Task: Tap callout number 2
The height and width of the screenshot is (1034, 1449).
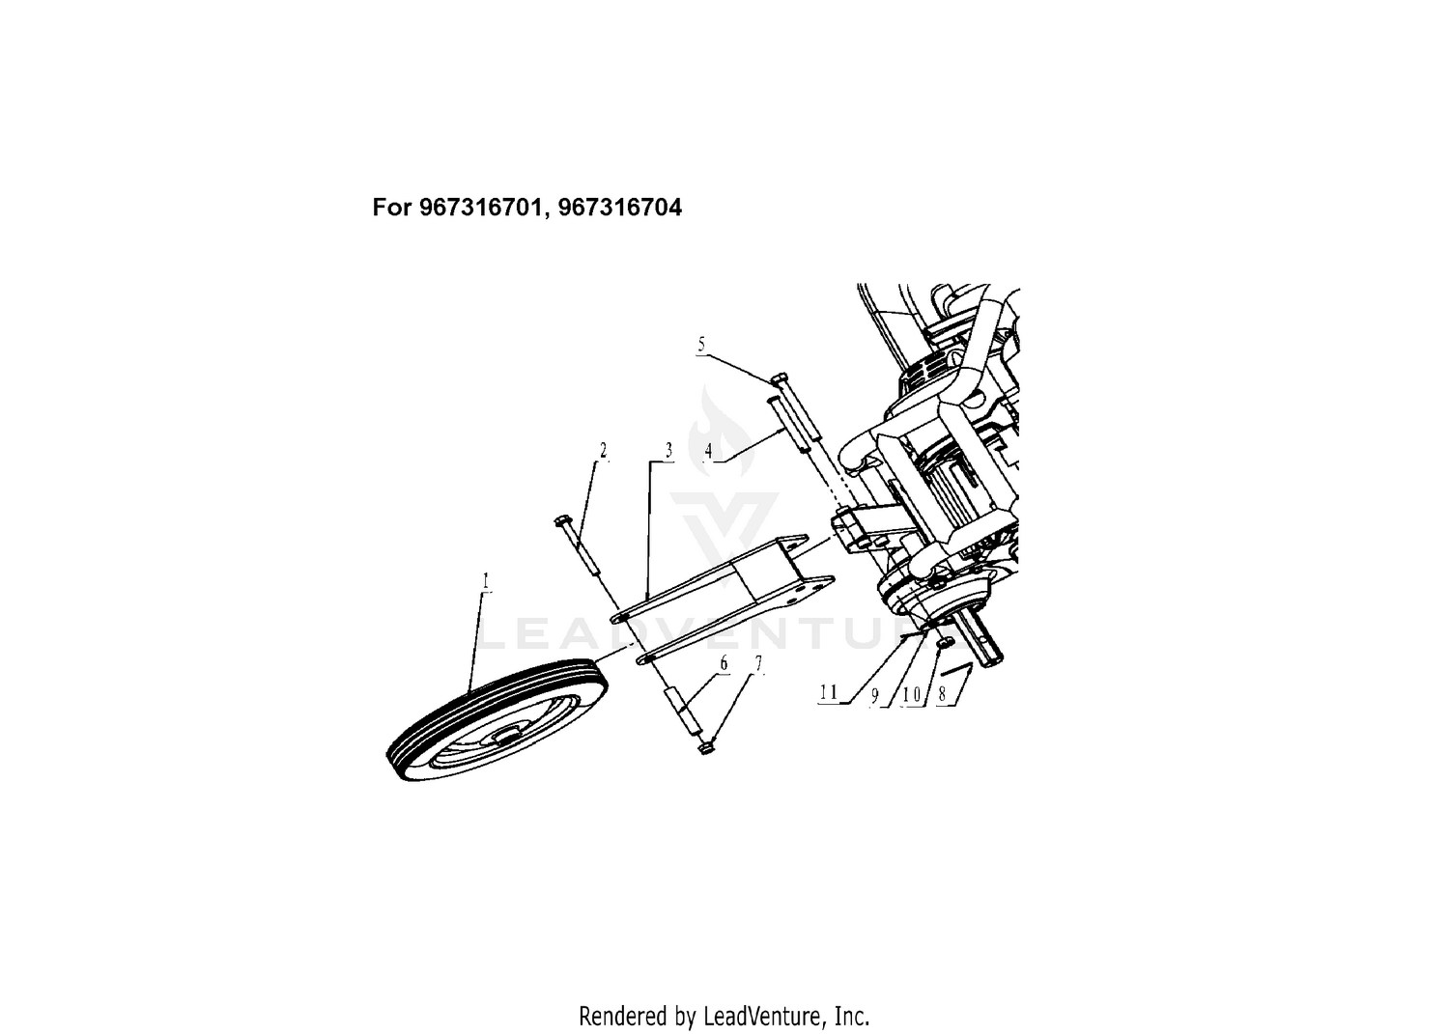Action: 604,450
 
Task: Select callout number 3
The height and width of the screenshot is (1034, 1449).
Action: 668,450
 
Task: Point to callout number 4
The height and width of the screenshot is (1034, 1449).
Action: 708,451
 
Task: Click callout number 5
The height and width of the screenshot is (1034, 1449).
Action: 702,344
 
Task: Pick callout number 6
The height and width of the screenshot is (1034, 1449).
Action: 724,663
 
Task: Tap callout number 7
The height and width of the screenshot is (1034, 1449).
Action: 758,663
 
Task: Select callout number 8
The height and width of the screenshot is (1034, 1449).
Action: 943,694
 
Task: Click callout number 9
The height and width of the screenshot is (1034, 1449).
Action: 875,696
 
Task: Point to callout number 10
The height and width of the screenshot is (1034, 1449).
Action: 912,694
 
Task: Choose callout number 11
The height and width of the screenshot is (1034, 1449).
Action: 829,692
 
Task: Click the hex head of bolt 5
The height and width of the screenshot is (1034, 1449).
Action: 779,377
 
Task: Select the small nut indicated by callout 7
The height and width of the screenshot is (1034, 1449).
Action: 706,749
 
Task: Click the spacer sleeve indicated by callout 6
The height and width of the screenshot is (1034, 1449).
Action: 682,710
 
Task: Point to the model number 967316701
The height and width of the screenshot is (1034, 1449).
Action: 479,207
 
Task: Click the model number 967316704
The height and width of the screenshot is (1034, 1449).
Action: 620,207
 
